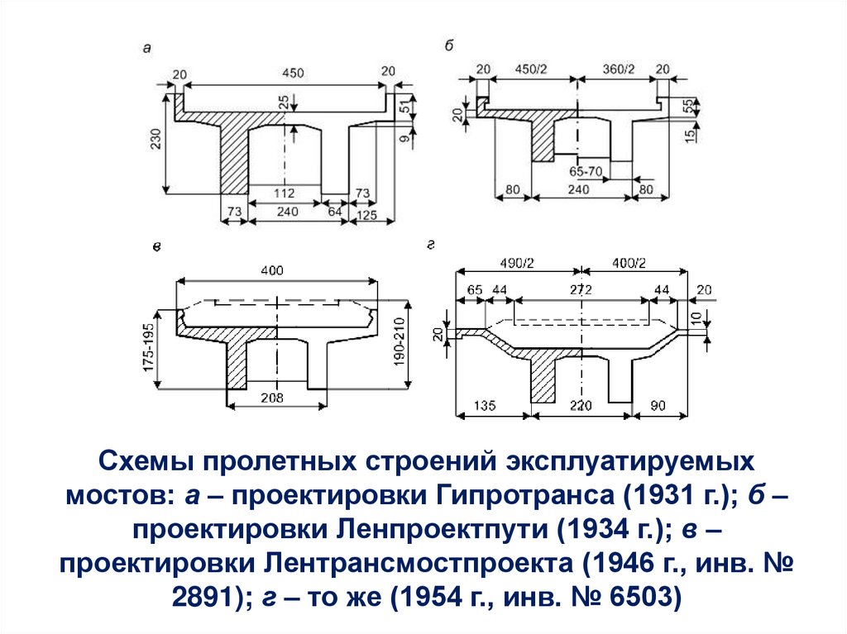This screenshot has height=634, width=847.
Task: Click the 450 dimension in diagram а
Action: point(292,73)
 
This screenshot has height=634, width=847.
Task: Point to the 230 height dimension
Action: point(156,141)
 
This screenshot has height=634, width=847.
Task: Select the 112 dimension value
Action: point(285,193)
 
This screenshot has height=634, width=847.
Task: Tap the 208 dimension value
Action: point(271,398)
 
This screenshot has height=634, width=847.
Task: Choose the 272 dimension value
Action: point(581,290)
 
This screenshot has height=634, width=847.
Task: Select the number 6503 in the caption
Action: point(628,595)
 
